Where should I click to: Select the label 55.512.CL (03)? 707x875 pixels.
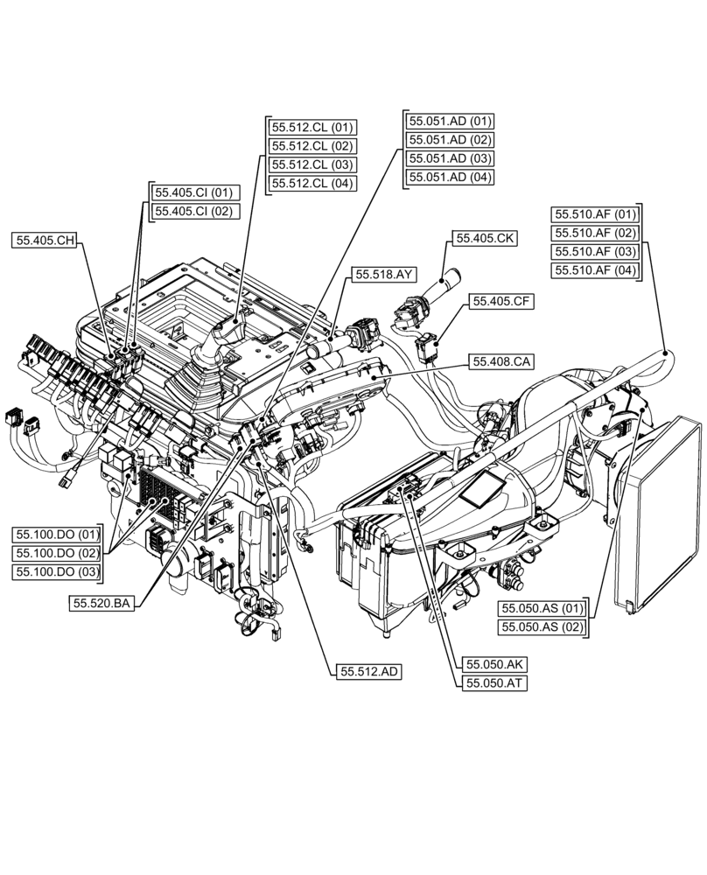[x=311, y=164]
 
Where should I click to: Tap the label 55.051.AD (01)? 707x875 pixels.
[x=450, y=121]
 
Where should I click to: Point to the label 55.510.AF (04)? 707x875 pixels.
[x=596, y=270]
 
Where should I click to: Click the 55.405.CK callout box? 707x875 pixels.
[x=484, y=238]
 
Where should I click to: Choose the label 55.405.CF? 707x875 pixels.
[x=503, y=301]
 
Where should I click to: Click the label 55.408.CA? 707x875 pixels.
[x=503, y=360]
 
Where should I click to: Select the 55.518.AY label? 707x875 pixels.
[x=383, y=275]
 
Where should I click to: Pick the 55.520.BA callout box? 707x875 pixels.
[x=102, y=603]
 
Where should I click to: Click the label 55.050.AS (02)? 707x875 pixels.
[x=541, y=627]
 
